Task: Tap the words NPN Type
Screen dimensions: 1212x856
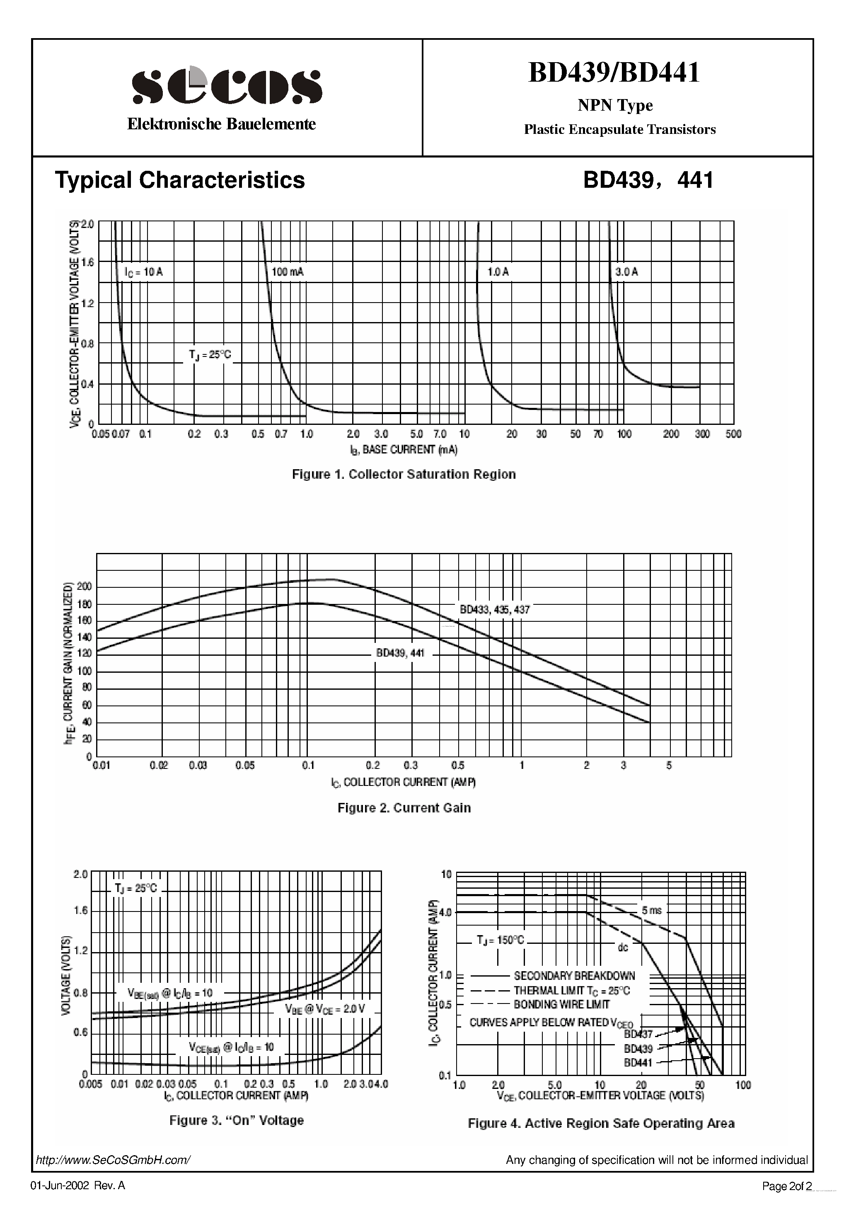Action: click(615, 106)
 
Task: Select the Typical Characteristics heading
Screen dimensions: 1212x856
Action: click(180, 180)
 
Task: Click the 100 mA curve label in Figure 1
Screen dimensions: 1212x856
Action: click(288, 272)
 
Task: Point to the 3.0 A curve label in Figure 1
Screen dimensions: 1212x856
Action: click(626, 272)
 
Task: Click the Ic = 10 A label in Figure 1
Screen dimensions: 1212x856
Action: click(143, 272)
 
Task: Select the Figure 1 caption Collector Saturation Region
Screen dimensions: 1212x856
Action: click(404, 475)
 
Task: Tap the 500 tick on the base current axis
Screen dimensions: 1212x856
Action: click(733, 434)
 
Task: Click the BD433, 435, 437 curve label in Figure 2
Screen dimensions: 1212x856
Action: click(494, 610)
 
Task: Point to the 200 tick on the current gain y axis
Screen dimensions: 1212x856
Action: click(85, 587)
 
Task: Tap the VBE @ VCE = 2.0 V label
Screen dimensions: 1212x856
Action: click(325, 1009)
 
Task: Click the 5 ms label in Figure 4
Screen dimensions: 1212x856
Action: click(651, 911)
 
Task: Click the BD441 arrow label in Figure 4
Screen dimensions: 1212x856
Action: click(638, 1063)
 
